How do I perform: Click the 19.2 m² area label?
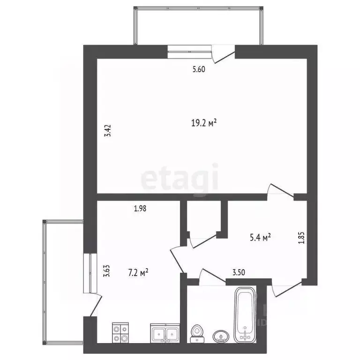coord(204,123)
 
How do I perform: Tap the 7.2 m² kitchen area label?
coord(138,273)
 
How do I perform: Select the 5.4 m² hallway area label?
coord(260,237)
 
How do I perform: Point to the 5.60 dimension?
coord(199,69)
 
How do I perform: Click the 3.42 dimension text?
coord(108,130)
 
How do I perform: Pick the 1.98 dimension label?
coord(140,209)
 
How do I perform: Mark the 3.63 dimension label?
coord(107,271)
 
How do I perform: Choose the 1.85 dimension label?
coord(302,238)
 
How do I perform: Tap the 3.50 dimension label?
coord(239,272)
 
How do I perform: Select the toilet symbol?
coord(196,334)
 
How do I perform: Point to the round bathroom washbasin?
coord(221,337)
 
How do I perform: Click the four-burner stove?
coord(120,333)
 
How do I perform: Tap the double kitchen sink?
coord(165,333)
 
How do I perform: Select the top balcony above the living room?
coord(198,26)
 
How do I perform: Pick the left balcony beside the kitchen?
coord(63,282)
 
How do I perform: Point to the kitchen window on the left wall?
coord(90,273)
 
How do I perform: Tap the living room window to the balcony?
coord(189,52)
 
